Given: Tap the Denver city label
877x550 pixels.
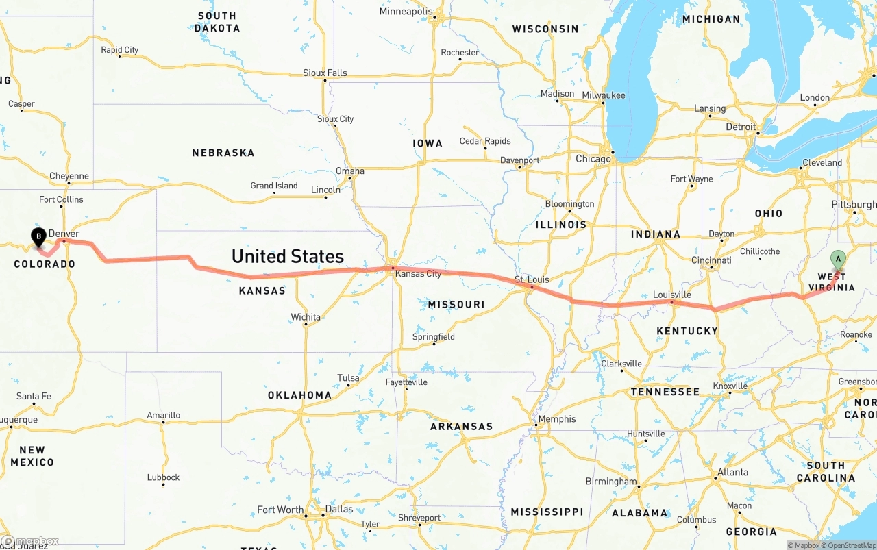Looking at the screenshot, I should tap(64, 234).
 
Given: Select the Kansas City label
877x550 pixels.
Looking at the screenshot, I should tap(419, 273).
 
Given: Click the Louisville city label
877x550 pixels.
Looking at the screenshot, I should tap(671, 295).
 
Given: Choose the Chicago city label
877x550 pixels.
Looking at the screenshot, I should tap(593, 159).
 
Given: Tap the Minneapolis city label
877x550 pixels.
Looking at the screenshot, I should tap(406, 12).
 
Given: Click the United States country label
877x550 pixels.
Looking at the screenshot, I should tap(287, 256).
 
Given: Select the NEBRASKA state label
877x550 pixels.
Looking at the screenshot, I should tap(223, 153).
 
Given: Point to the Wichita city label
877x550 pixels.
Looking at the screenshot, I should tap(306, 317).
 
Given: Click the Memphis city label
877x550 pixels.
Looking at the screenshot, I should tap(557, 419).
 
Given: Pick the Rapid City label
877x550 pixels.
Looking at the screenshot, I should tap(119, 50).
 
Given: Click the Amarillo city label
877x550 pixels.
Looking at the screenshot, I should tap(164, 415).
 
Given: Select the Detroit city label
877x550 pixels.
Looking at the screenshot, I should tap(741, 127).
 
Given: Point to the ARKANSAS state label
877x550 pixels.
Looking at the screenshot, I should tap(461, 427).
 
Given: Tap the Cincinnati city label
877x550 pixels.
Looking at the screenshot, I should tap(711, 260).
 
